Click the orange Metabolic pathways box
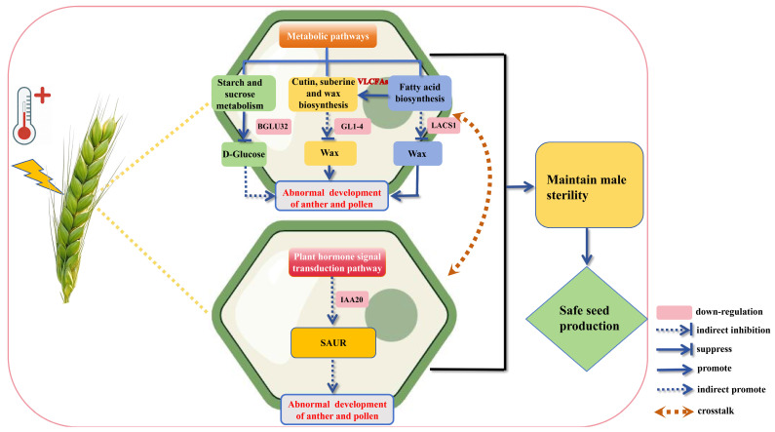328,36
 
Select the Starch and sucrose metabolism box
240,94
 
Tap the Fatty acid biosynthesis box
419,93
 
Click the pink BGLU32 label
273,126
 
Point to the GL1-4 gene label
352,127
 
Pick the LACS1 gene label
444,126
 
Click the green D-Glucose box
244,154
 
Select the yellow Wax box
329,153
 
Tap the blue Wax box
417,154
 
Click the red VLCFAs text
372,82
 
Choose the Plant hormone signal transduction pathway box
337,262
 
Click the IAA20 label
352,299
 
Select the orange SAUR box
333,343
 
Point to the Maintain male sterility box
589,185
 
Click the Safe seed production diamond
586,319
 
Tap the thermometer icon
24,115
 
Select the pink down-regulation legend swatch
674,312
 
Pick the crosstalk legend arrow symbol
674,412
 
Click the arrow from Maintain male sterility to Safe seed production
587,246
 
